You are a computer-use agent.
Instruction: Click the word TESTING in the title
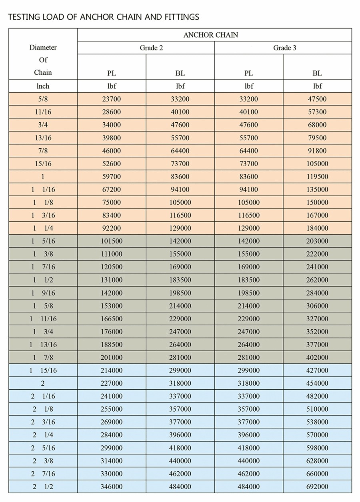[23, 17]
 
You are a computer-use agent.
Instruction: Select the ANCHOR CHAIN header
[210, 35]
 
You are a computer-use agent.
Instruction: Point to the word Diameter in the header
[43, 47]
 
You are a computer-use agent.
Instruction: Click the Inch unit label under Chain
[43, 86]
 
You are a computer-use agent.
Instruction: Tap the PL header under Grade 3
[248, 73]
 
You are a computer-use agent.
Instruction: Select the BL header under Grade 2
[180, 73]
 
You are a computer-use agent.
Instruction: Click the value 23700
[111, 99]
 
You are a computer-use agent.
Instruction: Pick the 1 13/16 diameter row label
[43, 345]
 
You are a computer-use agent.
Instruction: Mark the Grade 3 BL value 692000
[317, 486]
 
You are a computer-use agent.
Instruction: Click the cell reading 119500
[317, 176]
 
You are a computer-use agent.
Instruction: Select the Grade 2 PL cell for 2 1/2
[111, 486]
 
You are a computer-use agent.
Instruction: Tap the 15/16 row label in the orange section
[43, 163]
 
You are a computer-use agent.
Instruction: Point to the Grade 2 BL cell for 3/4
[180, 125]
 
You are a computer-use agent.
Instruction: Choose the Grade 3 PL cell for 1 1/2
[248, 280]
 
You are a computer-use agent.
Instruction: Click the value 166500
[111, 319]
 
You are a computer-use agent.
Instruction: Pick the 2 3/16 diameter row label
[43, 422]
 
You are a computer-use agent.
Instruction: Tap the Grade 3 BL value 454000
[317, 383]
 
